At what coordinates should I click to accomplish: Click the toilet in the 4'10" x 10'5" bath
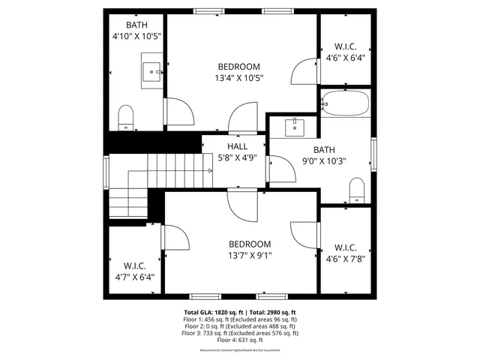126,116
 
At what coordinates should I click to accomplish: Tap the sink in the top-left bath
153,72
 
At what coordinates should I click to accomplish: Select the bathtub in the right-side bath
345,103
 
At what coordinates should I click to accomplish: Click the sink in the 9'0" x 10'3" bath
295,125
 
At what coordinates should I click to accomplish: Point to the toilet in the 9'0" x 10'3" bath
357,190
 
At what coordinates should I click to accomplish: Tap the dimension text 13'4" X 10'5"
239,77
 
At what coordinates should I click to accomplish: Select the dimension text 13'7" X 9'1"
250,256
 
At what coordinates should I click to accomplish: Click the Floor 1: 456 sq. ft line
240,319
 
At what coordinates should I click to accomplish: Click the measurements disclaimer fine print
240,350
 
